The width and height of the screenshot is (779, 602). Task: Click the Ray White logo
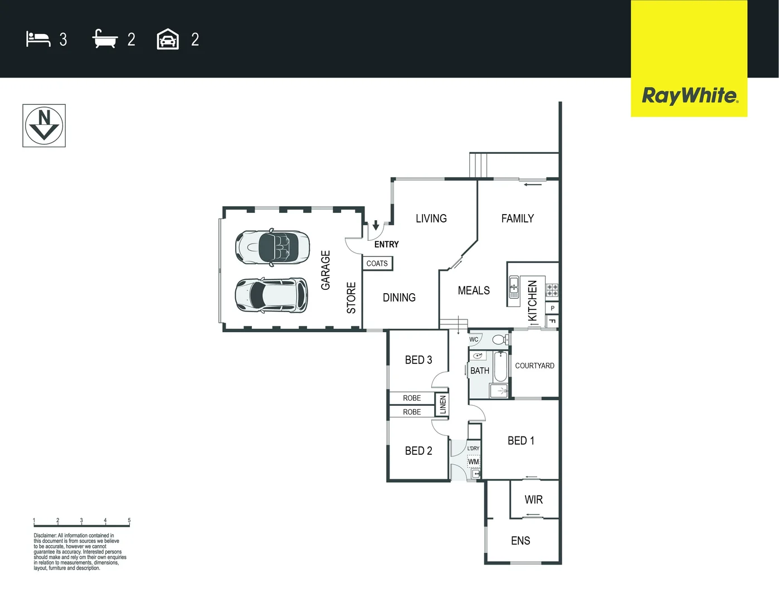[x=690, y=96]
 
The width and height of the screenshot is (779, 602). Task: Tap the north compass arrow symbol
[x=44, y=125]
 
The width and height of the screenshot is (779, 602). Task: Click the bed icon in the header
[x=38, y=38]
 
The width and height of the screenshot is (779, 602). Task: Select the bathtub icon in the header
[x=105, y=38]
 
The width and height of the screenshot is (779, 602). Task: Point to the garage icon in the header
[x=168, y=38]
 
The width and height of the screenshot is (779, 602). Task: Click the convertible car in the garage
[x=272, y=247]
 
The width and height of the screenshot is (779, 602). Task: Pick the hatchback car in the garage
[x=271, y=295]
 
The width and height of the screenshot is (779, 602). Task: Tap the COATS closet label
[x=377, y=264]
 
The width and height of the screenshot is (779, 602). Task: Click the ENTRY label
[x=387, y=244]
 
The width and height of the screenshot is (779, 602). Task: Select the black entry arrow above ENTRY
[x=376, y=225]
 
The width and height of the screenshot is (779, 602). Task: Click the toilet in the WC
[x=500, y=339]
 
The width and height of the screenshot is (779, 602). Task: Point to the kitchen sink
[x=514, y=287]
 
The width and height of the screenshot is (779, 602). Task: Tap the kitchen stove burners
[x=552, y=290]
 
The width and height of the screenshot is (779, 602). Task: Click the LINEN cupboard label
[x=443, y=405]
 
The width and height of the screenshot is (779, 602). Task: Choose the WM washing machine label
[x=474, y=462]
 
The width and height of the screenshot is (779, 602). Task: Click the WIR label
[x=533, y=499]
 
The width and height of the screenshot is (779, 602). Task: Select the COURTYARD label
[x=534, y=366]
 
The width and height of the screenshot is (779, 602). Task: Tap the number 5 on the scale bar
[x=129, y=520]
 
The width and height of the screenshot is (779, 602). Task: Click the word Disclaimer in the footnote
[x=45, y=536]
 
